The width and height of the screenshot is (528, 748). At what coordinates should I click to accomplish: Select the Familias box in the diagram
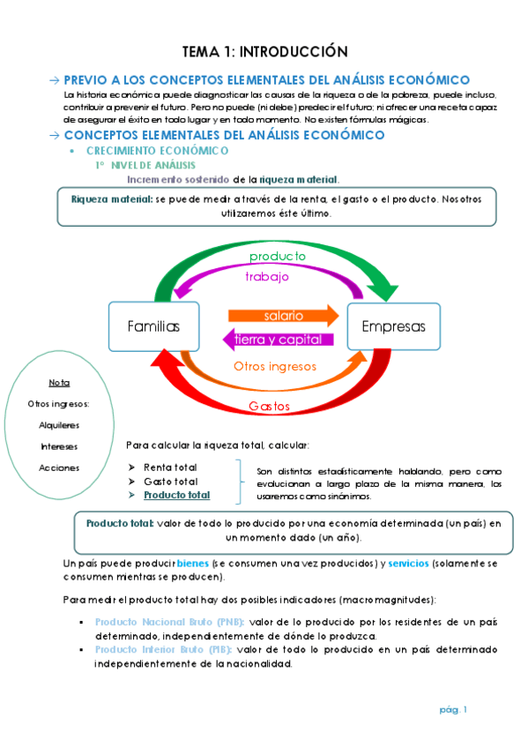[153, 326]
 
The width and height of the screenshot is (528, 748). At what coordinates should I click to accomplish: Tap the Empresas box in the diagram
[393, 326]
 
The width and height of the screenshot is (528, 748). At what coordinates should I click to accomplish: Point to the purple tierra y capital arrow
[278, 340]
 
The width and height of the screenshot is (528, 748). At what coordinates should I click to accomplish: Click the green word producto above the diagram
[276, 257]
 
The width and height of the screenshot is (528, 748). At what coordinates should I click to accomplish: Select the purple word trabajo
[266, 276]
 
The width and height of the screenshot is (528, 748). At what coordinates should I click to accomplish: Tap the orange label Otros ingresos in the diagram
[275, 365]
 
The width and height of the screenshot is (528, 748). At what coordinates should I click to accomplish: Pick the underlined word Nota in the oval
[59, 383]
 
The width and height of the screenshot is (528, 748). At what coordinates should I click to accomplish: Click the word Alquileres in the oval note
[59, 425]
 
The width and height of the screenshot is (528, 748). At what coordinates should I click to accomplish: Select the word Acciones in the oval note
[59, 467]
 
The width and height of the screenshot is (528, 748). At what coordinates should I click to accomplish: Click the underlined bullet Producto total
[176, 495]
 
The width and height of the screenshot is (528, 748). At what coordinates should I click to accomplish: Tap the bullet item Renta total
[170, 467]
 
